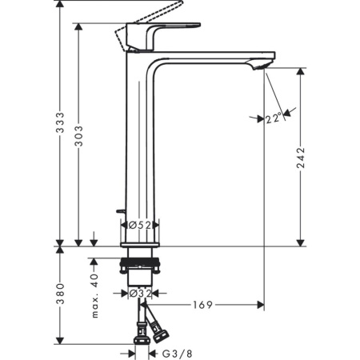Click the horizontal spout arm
pos(212,58)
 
